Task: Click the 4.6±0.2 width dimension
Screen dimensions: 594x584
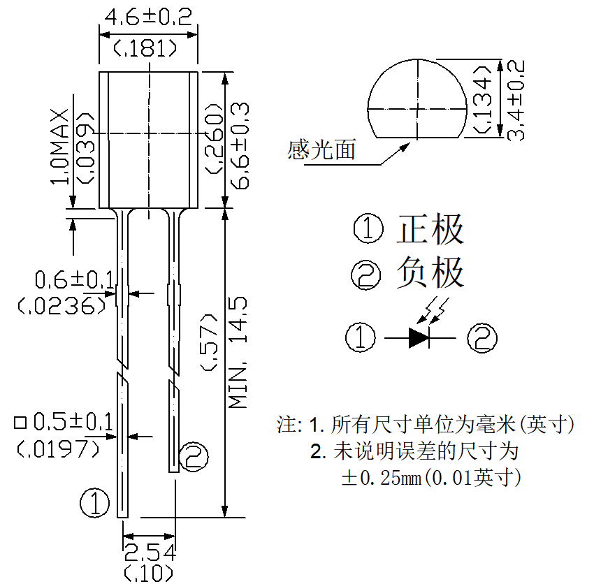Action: tap(148, 17)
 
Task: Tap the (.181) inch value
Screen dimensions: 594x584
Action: tap(145, 48)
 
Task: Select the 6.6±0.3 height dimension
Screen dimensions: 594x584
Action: tap(240, 146)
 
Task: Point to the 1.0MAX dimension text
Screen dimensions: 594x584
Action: tap(60, 147)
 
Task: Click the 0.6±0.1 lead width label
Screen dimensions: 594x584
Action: tap(74, 280)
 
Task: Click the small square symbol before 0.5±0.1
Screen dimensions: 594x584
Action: tap(20, 423)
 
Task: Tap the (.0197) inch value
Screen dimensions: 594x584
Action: tap(58, 448)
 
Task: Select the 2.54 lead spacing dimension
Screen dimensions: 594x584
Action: tap(150, 553)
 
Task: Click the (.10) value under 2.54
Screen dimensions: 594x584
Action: tap(149, 574)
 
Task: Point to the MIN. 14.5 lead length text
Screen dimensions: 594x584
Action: tap(238, 353)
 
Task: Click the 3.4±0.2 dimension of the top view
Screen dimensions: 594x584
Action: tap(516, 101)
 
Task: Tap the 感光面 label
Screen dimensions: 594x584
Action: tap(321, 149)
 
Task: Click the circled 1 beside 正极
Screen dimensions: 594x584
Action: tap(368, 228)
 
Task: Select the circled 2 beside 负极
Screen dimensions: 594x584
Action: tap(366, 275)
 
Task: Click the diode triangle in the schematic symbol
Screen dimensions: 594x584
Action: tap(419, 337)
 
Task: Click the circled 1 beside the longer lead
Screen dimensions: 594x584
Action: tap(95, 503)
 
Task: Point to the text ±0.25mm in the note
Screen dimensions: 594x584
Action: tap(382, 478)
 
